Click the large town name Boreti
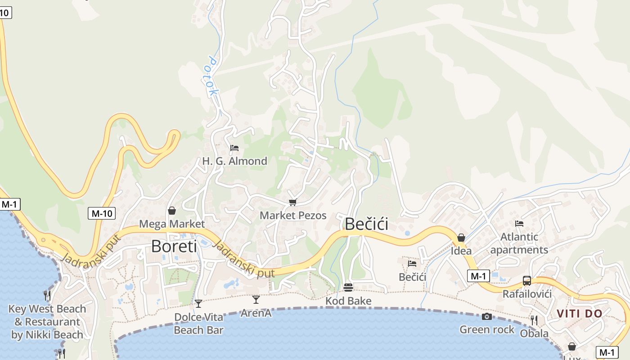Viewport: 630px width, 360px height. (x=174, y=246)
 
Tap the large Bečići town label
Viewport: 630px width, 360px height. (x=366, y=224)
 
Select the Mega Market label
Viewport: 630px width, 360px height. (x=172, y=224)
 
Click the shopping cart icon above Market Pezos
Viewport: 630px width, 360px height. (x=293, y=203)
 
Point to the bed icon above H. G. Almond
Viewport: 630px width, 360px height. (x=234, y=148)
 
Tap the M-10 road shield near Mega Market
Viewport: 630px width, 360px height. (x=101, y=213)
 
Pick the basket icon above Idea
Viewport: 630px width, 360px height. (x=461, y=238)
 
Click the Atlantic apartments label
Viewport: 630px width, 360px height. (x=519, y=243)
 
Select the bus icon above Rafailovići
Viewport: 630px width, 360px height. (x=526, y=281)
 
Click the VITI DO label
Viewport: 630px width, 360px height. (x=580, y=314)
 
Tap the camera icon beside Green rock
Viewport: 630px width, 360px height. (x=486, y=317)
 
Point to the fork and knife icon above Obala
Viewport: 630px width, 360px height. (x=534, y=320)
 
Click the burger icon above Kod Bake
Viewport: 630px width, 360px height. (x=348, y=287)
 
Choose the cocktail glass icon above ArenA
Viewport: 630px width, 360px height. (x=256, y=300)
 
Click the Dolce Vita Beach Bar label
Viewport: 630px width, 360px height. (x=198, y=323)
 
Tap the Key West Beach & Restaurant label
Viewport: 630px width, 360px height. (x=47, y=322)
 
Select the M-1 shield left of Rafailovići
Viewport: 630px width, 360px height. (x=478, y=276)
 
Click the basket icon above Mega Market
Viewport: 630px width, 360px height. (x=172, y=211)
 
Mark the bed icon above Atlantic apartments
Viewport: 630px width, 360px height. (x=519, y=224)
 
